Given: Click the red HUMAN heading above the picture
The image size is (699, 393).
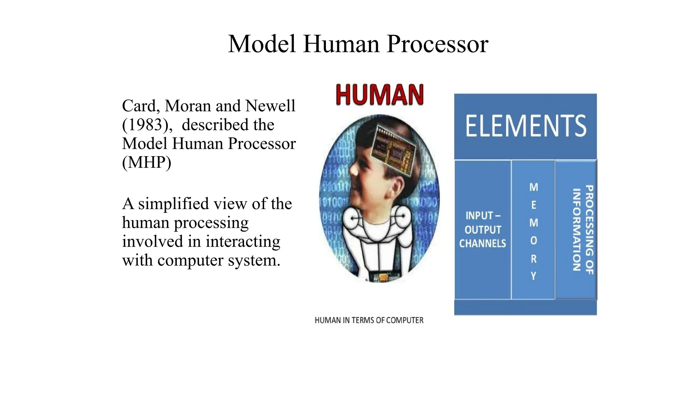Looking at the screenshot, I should [x=380, y=94].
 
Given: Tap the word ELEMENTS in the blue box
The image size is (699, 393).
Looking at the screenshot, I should [x=526, y=126].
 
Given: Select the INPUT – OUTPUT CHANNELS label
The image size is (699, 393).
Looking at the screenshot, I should [x=483, y=230].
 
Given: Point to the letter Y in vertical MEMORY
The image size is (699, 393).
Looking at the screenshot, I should [x=533, y=276].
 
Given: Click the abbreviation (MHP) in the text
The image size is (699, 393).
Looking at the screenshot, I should [x=146, y=162].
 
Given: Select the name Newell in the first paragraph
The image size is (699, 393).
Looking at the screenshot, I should [x=270, y=106].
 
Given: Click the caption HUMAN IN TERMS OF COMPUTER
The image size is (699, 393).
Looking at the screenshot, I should [x=369, y=320].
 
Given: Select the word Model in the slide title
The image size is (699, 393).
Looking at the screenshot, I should [x=262, y=44].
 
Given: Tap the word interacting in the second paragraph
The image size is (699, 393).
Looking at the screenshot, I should [x=243, y=242].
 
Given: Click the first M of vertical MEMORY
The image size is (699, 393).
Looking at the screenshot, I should [x=533, y=187].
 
